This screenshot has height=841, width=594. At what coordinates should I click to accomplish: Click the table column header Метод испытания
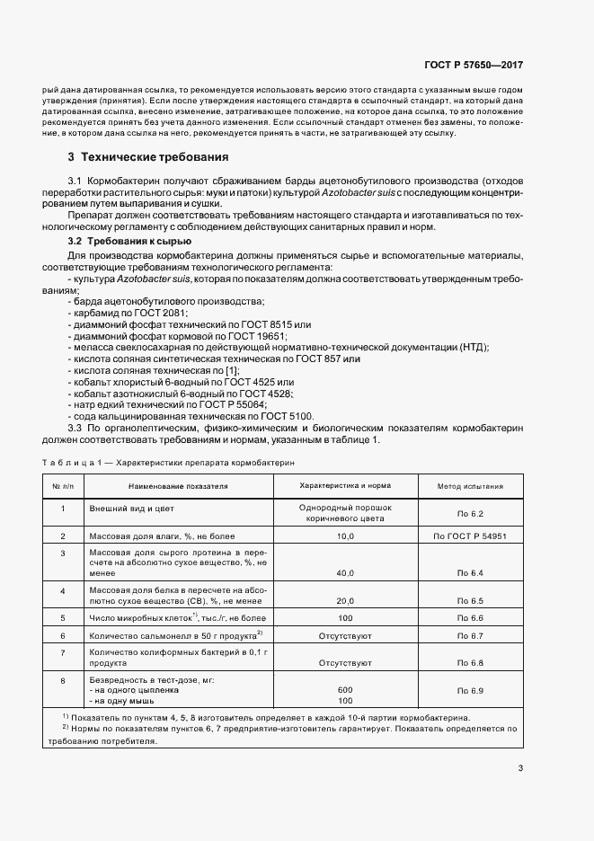469,486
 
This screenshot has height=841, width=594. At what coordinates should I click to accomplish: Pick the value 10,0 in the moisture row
345,536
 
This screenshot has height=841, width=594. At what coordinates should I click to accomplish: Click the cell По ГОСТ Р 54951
469,536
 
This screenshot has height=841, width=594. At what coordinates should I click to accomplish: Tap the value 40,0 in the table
345,572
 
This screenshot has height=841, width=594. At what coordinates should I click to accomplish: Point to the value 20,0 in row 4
345,599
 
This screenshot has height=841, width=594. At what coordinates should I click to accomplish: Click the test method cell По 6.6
469,618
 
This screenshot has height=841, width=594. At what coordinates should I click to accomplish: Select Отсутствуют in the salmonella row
345,636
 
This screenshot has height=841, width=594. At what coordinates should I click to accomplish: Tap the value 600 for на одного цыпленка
345,690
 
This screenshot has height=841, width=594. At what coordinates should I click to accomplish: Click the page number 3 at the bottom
520,767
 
